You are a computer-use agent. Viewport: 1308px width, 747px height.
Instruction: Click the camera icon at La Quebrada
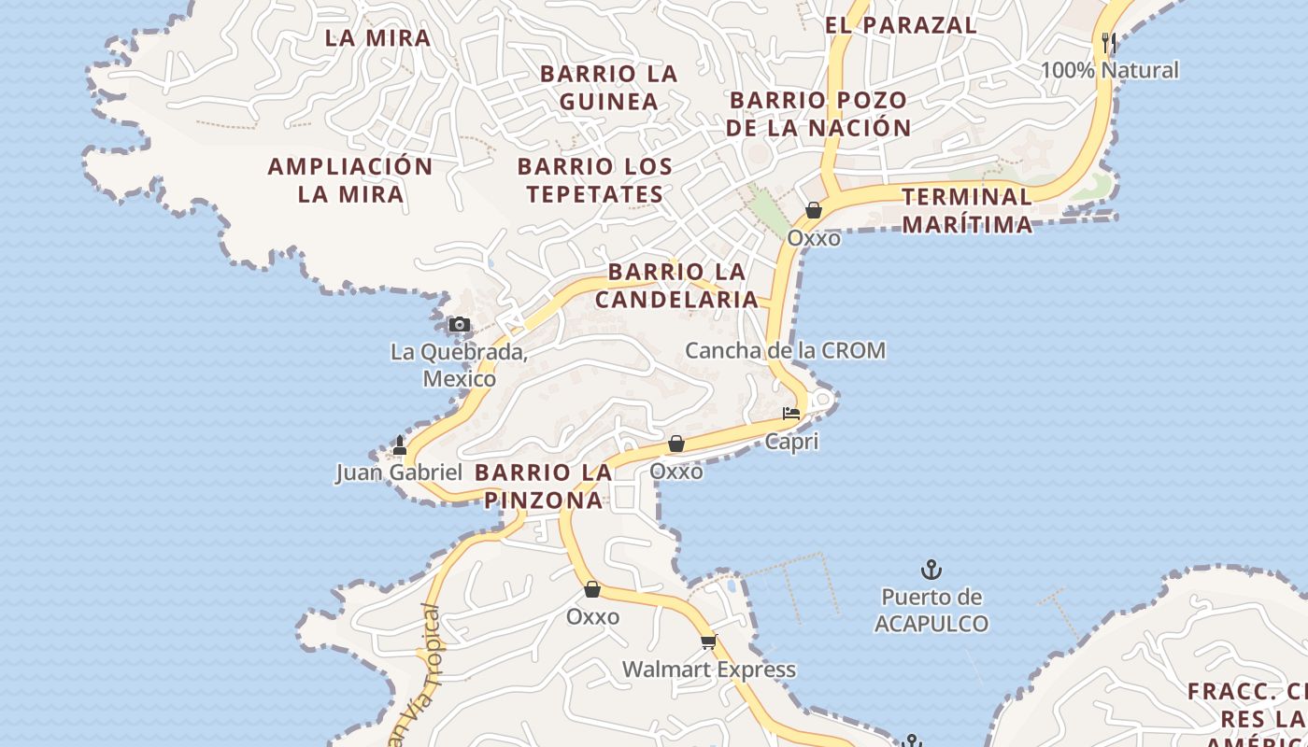459,325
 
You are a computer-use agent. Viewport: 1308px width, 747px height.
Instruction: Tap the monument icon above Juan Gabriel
400,445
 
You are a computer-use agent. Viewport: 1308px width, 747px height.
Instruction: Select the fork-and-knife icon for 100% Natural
1109,43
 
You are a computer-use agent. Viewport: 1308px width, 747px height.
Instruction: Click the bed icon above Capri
791,413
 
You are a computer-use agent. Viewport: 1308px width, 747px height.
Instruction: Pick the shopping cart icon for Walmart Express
708,641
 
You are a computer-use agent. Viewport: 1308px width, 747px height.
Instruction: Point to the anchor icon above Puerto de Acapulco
931,569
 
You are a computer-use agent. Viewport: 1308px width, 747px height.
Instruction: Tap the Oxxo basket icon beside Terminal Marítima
814,210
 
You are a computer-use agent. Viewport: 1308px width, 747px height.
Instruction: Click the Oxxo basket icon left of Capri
675,444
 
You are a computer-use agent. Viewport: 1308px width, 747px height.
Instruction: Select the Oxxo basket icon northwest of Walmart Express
591,589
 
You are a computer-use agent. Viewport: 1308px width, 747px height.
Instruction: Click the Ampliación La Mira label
350,180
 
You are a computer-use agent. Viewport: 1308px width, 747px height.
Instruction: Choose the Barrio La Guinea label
608,87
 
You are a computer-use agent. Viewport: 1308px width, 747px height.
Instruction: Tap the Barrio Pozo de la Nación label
818,113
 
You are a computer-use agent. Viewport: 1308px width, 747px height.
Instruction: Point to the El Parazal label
901,25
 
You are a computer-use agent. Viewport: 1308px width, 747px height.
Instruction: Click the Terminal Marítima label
967,210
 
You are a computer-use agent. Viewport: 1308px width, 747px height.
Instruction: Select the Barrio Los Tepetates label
595,180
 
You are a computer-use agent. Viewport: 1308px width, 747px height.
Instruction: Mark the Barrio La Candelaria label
677,286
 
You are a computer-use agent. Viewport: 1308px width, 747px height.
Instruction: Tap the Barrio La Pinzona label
543,486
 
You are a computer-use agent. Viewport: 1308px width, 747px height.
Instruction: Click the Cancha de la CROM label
785,350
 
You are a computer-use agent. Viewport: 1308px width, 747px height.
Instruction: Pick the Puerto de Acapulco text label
931,610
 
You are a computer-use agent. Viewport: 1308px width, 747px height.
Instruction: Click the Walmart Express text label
709,669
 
